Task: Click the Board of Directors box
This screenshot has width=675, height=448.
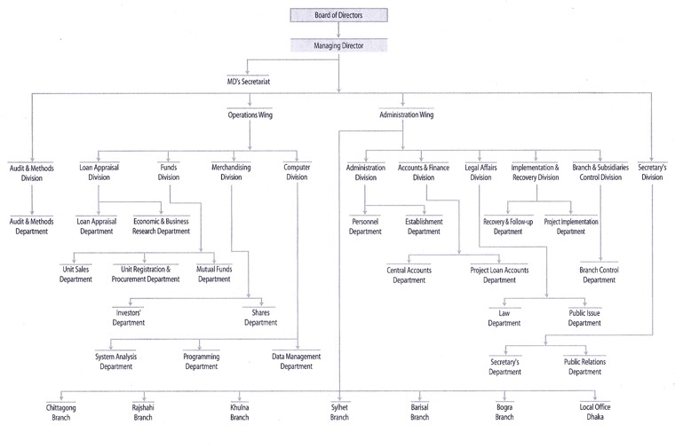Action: [338, 15]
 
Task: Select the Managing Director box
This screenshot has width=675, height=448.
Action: [338, 44]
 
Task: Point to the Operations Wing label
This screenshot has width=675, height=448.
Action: [250, 115]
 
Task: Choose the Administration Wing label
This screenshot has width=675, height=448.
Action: [406, 115]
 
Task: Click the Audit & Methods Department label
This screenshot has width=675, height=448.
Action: [32, 225]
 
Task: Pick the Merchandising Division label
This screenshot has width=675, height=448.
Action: [231, 172]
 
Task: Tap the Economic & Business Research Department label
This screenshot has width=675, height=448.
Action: [162, 225]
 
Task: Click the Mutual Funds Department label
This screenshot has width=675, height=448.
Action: [213, 274]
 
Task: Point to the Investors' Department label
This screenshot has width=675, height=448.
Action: [129, 318]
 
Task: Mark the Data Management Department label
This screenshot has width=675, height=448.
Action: [297, 361]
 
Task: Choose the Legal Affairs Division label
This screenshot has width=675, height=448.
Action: [480, 172]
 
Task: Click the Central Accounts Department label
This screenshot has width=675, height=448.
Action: [409, 274]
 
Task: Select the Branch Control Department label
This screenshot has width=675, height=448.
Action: [598, 274]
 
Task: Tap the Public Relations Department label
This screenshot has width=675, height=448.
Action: [584, 366]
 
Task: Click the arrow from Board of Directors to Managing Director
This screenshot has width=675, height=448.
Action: [338, 29]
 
